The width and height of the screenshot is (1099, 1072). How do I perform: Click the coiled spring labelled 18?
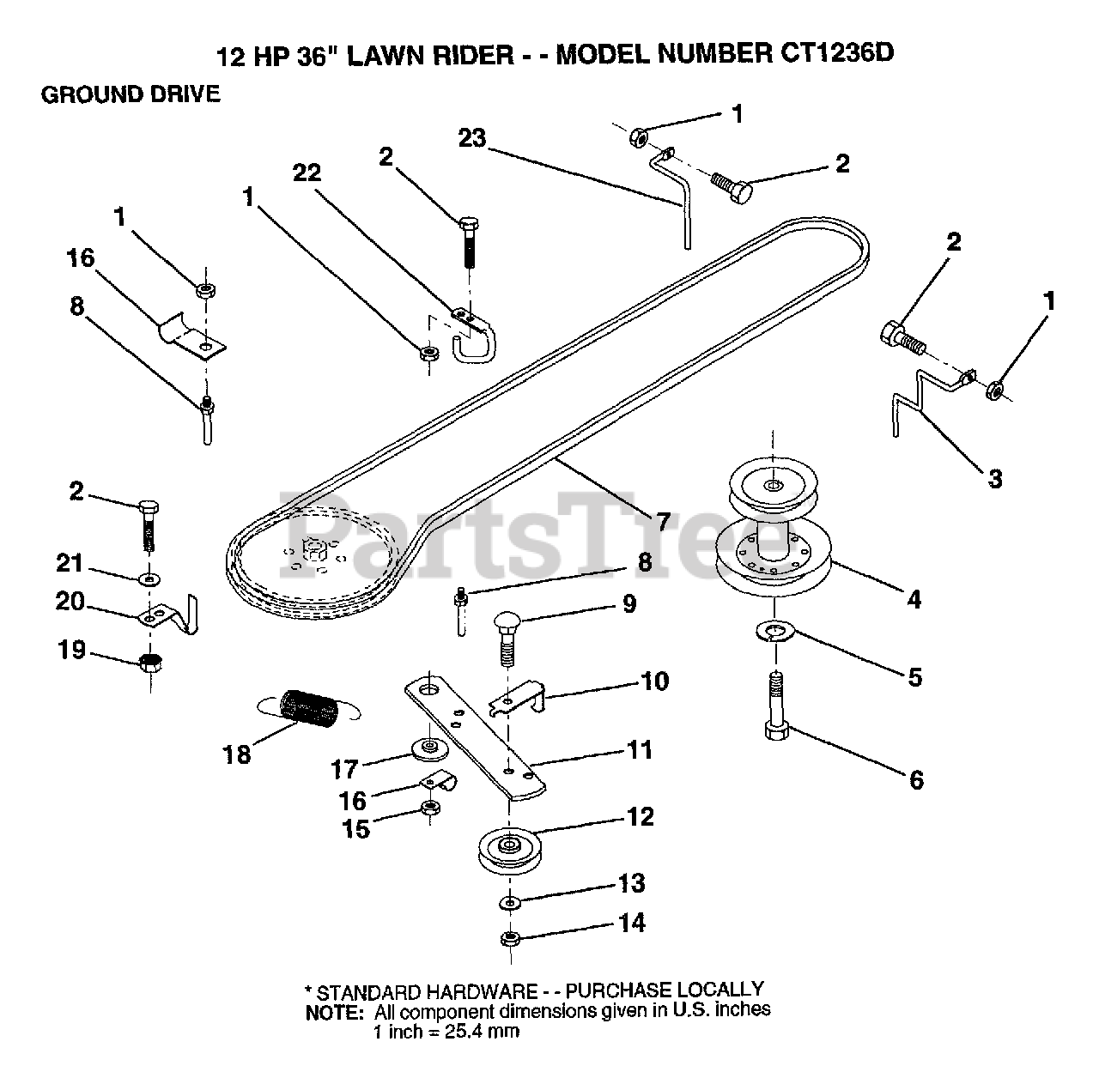tap(307, 707)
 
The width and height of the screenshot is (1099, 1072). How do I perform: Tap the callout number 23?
tap(472, 138)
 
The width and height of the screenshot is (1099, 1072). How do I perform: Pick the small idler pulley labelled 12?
tap(510, 851)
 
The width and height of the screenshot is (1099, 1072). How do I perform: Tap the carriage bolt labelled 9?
tap(509, 640)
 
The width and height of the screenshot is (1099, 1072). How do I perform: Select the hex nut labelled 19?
tap(150, 662)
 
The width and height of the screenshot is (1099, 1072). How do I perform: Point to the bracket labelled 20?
tap(168, 616)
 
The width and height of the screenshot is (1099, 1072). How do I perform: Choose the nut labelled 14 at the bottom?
tap(510, 939)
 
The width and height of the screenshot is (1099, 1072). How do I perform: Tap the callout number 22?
tap(307, 173)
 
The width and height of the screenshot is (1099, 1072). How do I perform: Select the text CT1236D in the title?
tap(838, 53)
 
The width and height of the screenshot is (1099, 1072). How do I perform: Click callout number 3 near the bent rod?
tap(995, 479)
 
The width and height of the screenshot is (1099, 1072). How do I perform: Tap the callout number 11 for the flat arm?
tap(640, 750)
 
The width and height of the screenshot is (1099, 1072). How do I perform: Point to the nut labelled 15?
tap(430, 808)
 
